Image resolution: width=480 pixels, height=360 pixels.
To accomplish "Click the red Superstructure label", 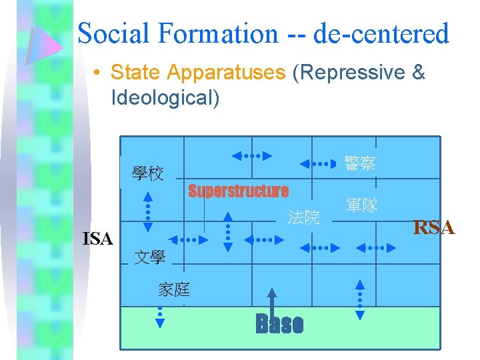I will click(238, 191).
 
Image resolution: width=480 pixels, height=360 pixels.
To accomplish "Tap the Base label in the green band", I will click(279, 325).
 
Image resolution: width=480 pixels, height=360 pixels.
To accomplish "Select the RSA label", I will click(434, 228).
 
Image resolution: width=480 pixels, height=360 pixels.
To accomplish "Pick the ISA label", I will click(97, 238).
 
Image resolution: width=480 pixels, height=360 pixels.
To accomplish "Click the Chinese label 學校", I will click(148, 175).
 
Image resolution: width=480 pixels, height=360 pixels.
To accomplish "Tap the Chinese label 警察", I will click(360, 163).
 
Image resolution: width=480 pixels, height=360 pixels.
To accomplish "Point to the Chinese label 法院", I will click(303, 217).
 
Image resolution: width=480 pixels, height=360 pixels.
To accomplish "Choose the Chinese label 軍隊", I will click(362, 205).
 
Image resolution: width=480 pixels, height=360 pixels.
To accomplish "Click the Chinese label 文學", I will click(150, 257).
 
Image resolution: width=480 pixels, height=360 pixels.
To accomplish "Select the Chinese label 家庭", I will click(174, 289).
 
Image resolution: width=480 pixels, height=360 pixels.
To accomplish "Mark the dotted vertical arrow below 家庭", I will click(160, 317).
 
